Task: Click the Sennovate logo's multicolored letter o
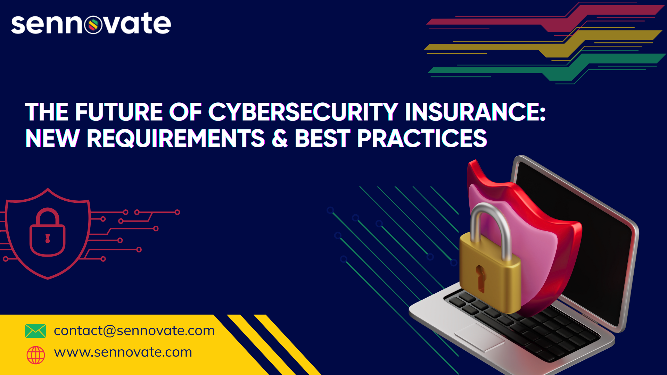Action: (x=93, y=25)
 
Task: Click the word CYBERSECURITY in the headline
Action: (x=303, y=112)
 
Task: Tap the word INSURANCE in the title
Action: (x=475, y=112)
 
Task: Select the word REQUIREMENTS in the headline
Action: (x=176, y=139)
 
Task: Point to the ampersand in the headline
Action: (x=280, y=138)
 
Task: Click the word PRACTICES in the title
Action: (x=422, y=138)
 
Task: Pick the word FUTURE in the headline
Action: (x=119, y=112)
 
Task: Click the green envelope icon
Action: (x=35, y=331)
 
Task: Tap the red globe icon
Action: (x=36, y=355)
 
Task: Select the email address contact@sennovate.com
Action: (x=134, y=331)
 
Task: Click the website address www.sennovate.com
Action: (x=123, y=352)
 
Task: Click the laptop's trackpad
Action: (x=479, y=336)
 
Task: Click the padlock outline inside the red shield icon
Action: (x=48, y=232)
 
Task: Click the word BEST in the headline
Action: (x=322, y=138)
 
